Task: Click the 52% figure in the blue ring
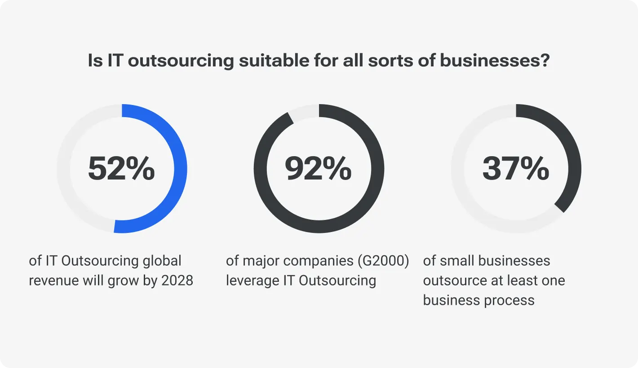pyautogui.click(x=121, y=169)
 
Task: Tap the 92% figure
pyautogui.click(x=318, y=169)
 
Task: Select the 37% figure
pyautogui.click(x=516, y=169)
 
